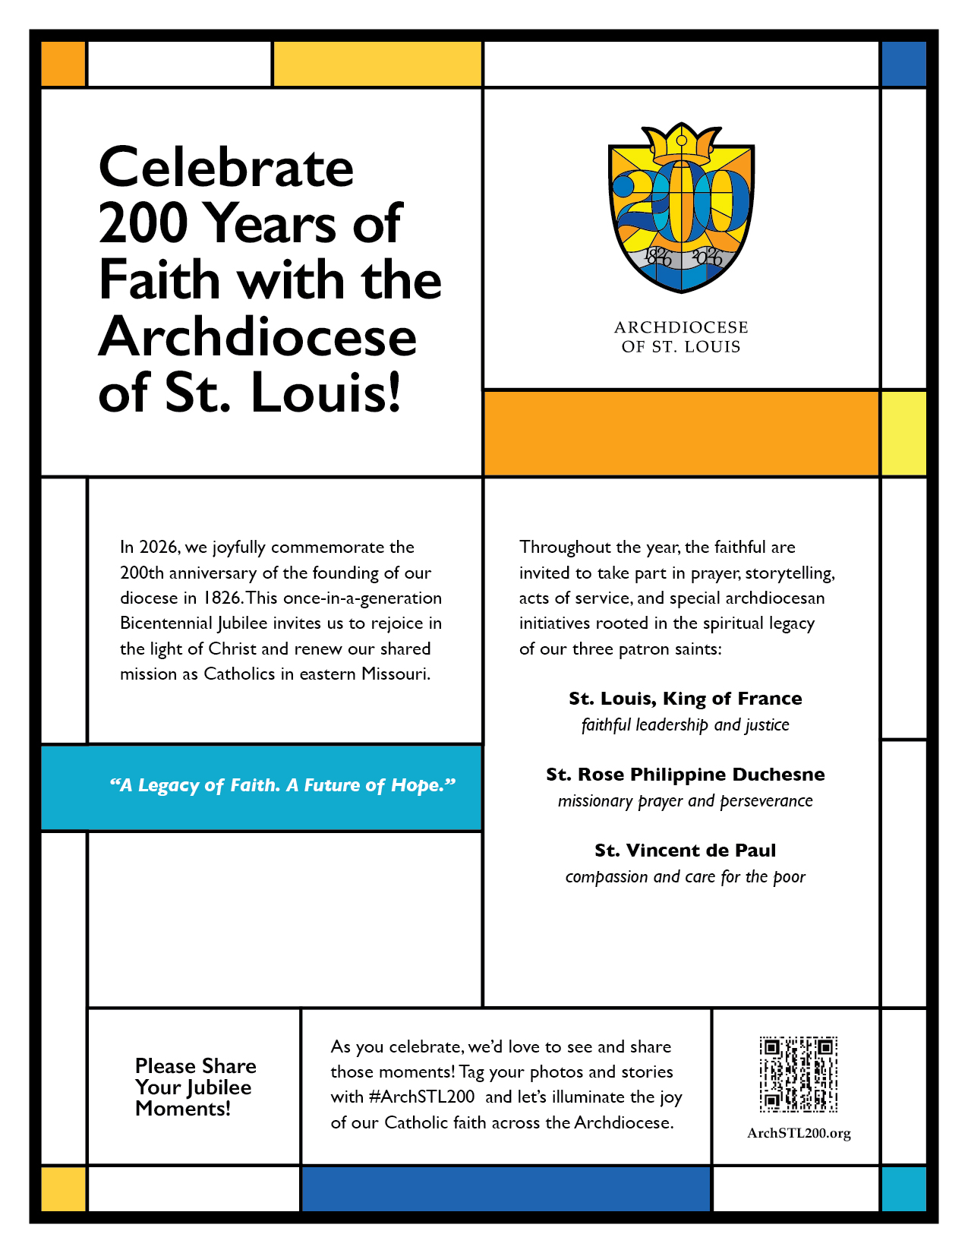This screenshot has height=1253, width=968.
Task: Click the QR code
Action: pyautogui.click(x=799, y=1074)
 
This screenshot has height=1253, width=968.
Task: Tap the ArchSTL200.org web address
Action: pyautogui.click(x=799, y=1133)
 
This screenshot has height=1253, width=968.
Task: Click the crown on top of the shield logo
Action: pyautogui.click(x=681, y=140)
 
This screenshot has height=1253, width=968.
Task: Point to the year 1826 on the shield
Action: pyautogui.click(x=657, y=257)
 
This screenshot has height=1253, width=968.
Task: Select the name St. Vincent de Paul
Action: pyautogui.click(x=685, y=851)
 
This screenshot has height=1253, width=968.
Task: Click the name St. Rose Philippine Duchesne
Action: pyautogui.click(x=685, y=775)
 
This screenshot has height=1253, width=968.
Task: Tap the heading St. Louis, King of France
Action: pyautogui.click(x=685, y=699)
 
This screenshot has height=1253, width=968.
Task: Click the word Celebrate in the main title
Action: pyautogui.click(x=226, y=168)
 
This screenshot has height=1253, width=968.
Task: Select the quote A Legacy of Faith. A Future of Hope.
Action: pyautogui.click(x=282, y=785)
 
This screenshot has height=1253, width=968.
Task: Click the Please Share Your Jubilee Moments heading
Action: pyautogui.click(x=194, y=1087)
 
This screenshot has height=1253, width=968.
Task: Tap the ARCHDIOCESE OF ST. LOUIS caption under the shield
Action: pyautogui.click(x=681, y=337)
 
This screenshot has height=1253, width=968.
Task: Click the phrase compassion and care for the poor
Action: pyautogui.click(x=685, y=877)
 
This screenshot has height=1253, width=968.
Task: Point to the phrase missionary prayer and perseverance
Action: pyautogui.click(x=685, y=801)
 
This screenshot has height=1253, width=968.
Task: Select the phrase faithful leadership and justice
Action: pyautogui.click(x=685, y=725)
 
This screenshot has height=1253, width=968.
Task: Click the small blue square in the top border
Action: pyautogui.click(x=903, y=64)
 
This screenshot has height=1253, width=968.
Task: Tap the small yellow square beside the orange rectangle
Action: pyautogui.click(x=903, y=434)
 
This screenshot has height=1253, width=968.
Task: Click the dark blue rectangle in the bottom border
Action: pyautogui.click(x=506, y=1188)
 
